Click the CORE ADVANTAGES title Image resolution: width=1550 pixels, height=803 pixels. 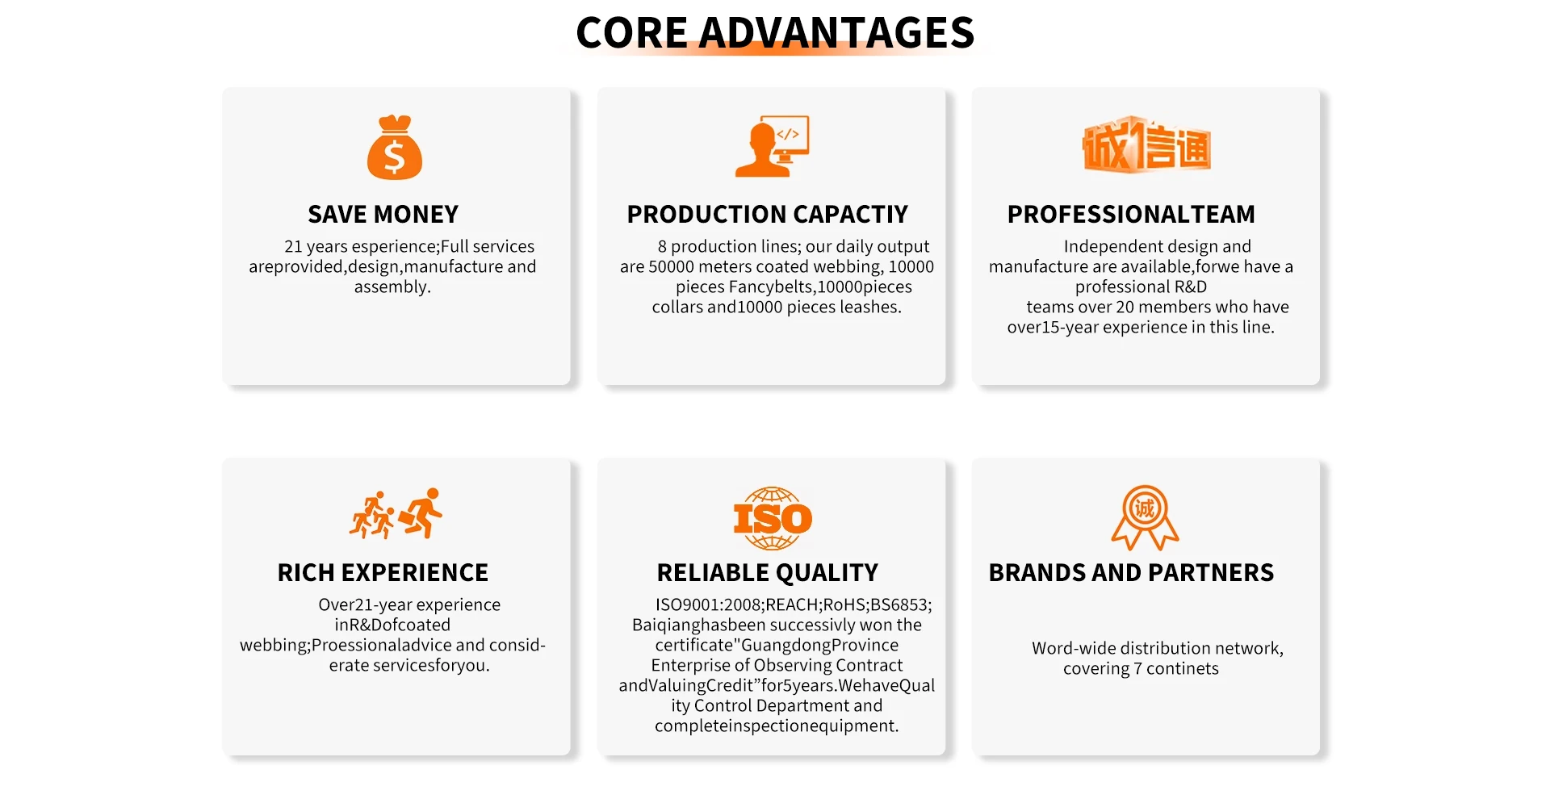(x=775, y=32)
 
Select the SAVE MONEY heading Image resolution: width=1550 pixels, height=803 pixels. (x=383, y=214)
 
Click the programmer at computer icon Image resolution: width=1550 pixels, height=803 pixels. (x=772, y=146)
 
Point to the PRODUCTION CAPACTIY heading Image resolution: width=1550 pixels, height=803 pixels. (x=768, y=214)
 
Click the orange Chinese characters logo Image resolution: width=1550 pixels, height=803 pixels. (x=1146, y=144)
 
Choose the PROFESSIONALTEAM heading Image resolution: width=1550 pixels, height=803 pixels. (x=1131, y=214)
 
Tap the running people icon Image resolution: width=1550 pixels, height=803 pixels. (x=396, y=513)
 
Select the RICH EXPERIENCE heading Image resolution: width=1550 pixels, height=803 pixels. (x=383, y=572)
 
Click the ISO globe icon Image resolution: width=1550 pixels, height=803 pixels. (x=773, y=518)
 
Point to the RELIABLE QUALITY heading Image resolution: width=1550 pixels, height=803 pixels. (x=768, y=572)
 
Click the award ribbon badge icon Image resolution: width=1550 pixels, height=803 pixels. (x=1146, y=518)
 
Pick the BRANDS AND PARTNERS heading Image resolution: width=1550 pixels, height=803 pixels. (x=1131, y=572)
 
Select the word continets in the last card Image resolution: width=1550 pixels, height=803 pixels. (x=1183, y=668)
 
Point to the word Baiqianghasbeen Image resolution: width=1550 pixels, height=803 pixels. (x=698, y=625)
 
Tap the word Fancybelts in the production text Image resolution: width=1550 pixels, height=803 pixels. (x=770, y=287)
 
